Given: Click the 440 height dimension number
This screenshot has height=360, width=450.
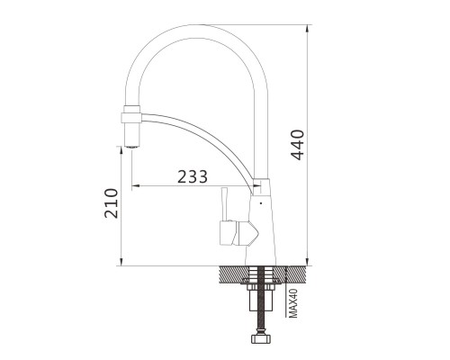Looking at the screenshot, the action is point(298,145).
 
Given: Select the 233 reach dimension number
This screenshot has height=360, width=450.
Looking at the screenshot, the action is point(193,176).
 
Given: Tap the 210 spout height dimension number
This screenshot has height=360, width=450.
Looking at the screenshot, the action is point(111,202).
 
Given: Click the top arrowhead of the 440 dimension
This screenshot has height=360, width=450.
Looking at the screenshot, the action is point(307,28).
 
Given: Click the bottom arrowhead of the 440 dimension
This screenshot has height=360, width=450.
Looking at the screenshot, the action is point(307,262).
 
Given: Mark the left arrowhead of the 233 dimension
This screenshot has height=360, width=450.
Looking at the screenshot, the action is point(136,185).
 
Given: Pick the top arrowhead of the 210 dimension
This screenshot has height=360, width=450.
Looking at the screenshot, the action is point(121,150).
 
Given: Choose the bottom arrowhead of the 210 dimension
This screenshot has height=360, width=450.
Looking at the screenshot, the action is point(121,262).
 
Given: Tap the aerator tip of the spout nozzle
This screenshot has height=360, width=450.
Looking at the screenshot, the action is point(131,147).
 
